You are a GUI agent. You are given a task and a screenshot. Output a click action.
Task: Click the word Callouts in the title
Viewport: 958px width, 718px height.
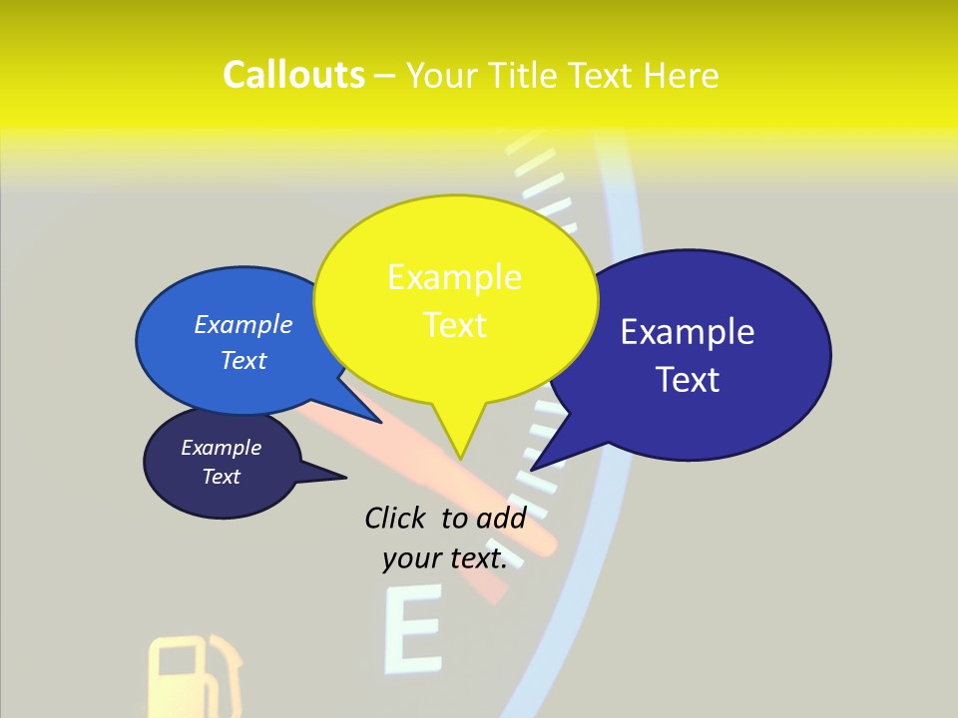pyautogui.click(x=293, y=75)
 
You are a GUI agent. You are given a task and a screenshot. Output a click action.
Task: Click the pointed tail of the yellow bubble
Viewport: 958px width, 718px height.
pyautogui.click(x=460, y=449)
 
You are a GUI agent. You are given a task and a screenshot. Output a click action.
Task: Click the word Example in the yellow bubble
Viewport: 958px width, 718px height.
pyautogui.click(x=454, y=276)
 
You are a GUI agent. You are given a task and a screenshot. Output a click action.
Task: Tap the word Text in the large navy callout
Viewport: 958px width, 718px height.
pyautogui.click(x=688, y=380)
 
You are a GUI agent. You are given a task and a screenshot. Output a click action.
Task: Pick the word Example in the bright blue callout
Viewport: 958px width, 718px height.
pyautogui.click(x=243, y=324)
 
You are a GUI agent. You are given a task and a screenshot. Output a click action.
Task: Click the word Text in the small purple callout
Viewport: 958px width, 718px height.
pyautogui.click(x=222, y=477)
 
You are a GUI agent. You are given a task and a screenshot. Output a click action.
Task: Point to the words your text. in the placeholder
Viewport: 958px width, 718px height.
pyautogui.click(x=444, y=558)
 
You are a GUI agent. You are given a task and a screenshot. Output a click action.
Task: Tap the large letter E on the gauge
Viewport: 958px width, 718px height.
pyautogui.click(x=412, y=630)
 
